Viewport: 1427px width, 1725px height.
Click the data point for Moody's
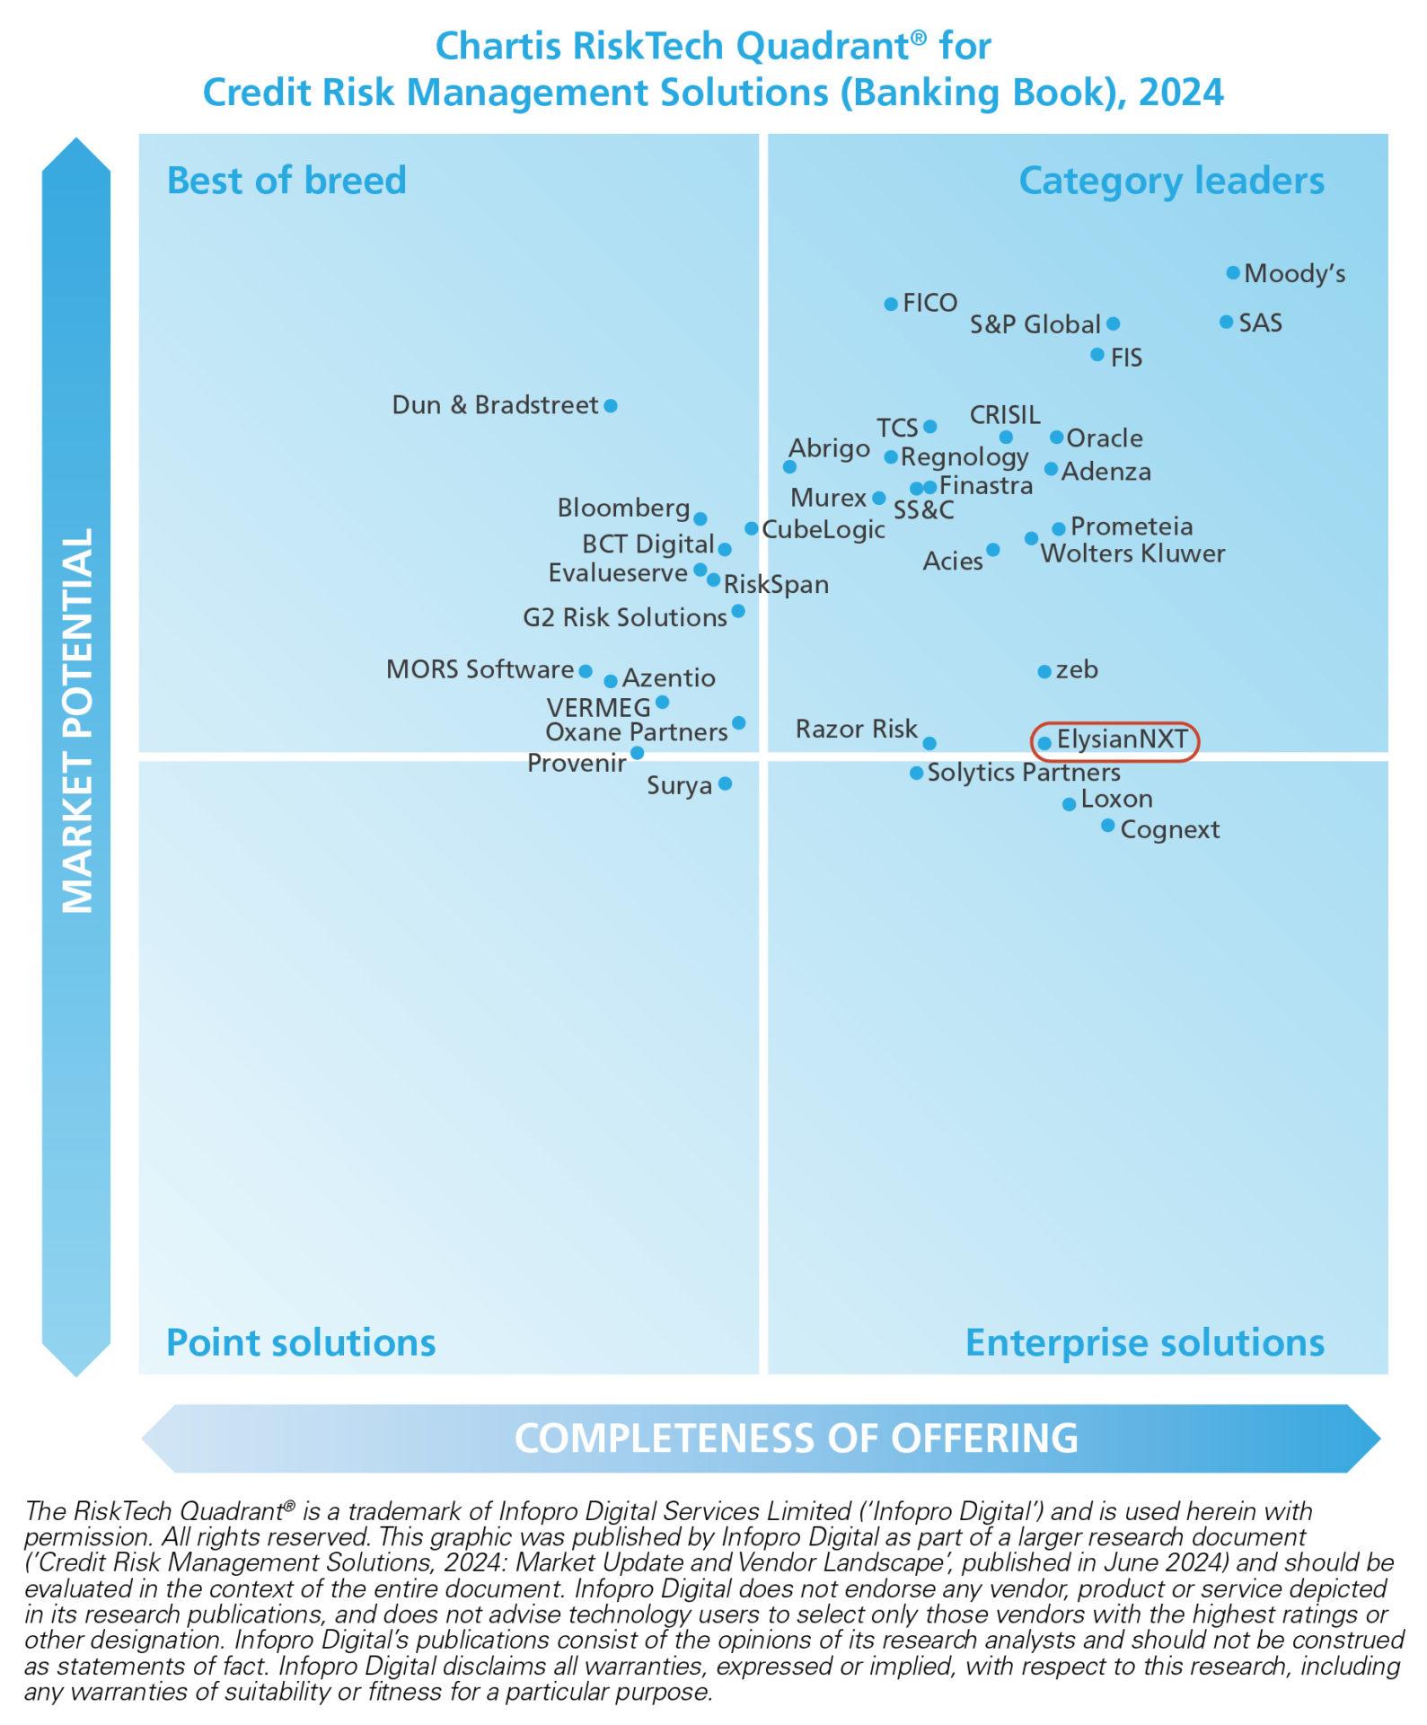click(x=1233, y=272)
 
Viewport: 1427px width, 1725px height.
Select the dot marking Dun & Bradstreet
click(x=611, y=406)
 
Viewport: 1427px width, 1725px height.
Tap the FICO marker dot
click(x=891, y=305)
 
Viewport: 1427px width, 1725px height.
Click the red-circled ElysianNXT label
click(x=1122, y=740)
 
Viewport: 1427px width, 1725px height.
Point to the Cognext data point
click(x=1108, y=826)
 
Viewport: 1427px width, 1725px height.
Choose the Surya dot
click(x=726, y=783)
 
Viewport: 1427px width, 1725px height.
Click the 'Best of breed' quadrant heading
click(x=286, y=181)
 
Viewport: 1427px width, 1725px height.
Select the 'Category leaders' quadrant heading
click(x=1171, y=181)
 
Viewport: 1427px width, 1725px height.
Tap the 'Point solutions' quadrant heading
click(x=301, y=1343)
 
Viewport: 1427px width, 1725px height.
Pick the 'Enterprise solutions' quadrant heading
click(x=1144, y=1343)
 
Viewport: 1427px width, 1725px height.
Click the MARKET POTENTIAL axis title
click(x=77, y=720)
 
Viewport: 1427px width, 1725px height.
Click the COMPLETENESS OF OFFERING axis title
click(x=796, y=1438)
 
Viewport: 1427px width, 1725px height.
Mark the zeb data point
click(x=1044, y=671)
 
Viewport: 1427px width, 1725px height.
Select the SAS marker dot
click(x=1227, y=322)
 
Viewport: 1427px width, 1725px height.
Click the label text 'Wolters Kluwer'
click(x=1132, y=553)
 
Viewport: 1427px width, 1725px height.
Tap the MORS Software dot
click(x=586, y=671)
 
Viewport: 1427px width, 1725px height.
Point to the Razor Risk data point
click(x=929, y=743)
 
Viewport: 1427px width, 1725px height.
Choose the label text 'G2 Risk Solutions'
click(x=624, y=618)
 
